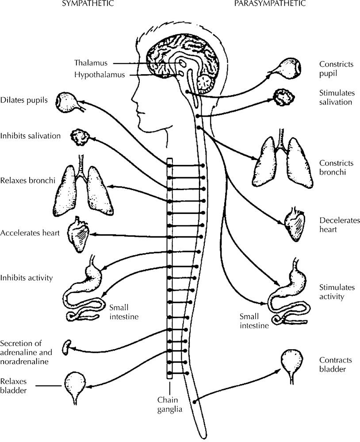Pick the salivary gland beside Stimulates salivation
pos(282,97)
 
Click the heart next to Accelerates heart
pos(77,233)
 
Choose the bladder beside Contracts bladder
pos(292,361)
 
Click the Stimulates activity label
pos(332,292)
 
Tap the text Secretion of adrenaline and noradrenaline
pos(27,352)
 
